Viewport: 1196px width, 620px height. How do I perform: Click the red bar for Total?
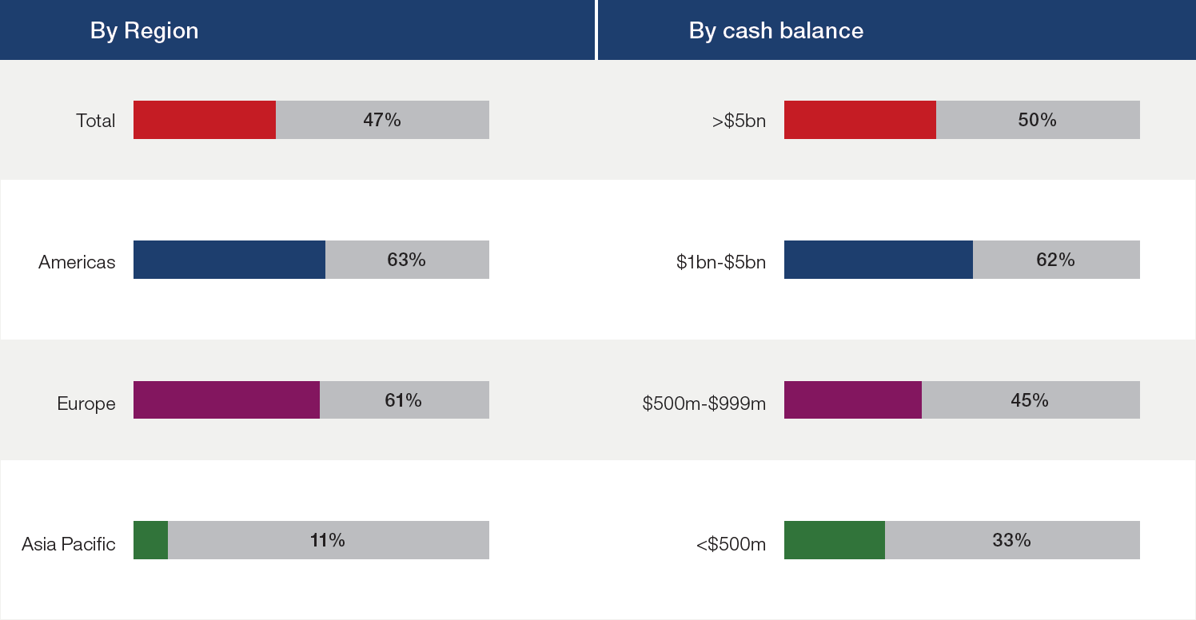click(205, 120)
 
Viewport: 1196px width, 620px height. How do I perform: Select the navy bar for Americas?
click(229, 260)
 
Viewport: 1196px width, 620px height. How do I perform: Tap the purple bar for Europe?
click(226, 399)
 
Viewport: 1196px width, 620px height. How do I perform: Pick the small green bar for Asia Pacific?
click(150, 540)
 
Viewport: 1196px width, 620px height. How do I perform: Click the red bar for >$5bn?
click(860, 120)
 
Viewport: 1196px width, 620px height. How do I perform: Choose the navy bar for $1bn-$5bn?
click(879, 260)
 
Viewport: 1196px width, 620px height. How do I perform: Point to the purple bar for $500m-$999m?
click(853, 399)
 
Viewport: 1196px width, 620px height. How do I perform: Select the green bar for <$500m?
click(835, 540)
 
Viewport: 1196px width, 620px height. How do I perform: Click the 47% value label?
click(382, 120)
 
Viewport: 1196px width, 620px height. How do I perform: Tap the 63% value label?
click(407, 260)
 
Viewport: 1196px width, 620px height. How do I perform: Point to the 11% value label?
click(328, 540)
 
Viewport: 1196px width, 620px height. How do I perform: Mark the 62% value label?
click(1056, 260)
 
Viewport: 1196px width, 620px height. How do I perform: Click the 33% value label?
click(1012, 540)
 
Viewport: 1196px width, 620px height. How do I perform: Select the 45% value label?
click(1030, 399)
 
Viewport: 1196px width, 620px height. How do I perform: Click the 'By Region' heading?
click(144, 30)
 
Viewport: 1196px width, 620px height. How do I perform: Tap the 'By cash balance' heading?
click(776, 30)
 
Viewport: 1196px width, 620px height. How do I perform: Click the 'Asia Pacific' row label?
click(69, 544)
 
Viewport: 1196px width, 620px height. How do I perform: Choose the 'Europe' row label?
click(86, 403)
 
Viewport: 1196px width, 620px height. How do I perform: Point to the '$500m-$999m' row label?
click(704, 403)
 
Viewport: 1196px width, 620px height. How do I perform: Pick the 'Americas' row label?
click(77, 262)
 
